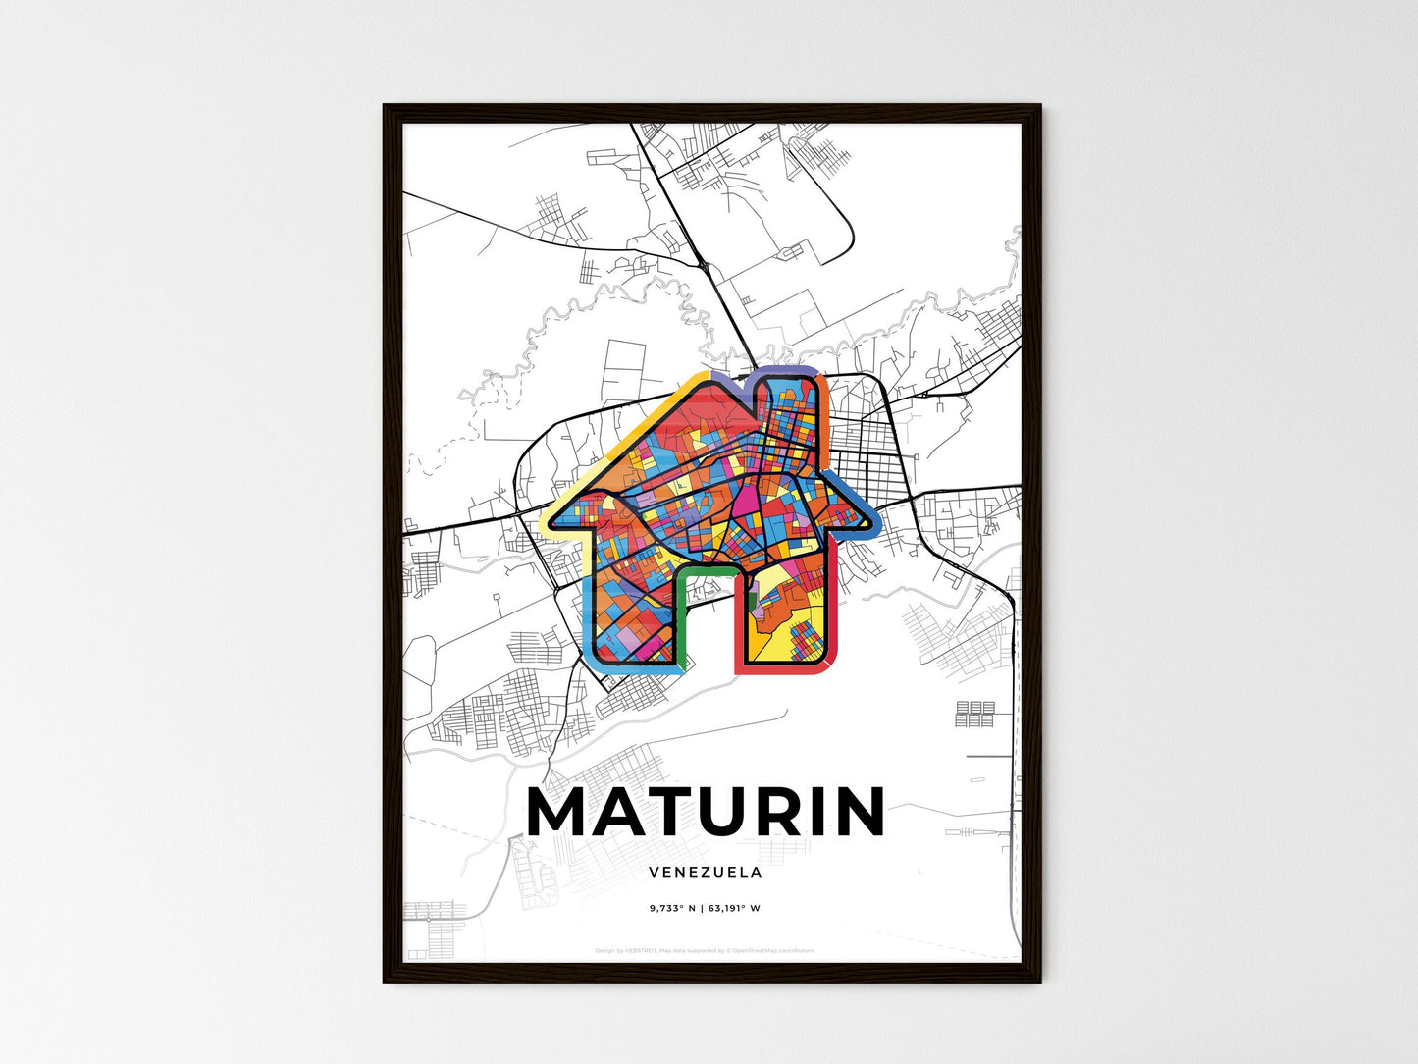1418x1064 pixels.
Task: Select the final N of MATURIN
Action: click(x=861, y=812)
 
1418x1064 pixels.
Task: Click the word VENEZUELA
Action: click(x=705, y=872)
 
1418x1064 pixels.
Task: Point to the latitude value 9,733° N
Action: click(x=672, y=908)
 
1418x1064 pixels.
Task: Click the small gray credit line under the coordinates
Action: click(x=705, y=950)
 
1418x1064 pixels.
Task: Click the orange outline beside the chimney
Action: click(x=825, y=393)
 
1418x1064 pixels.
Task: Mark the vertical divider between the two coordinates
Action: click(x=702, y=908)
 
